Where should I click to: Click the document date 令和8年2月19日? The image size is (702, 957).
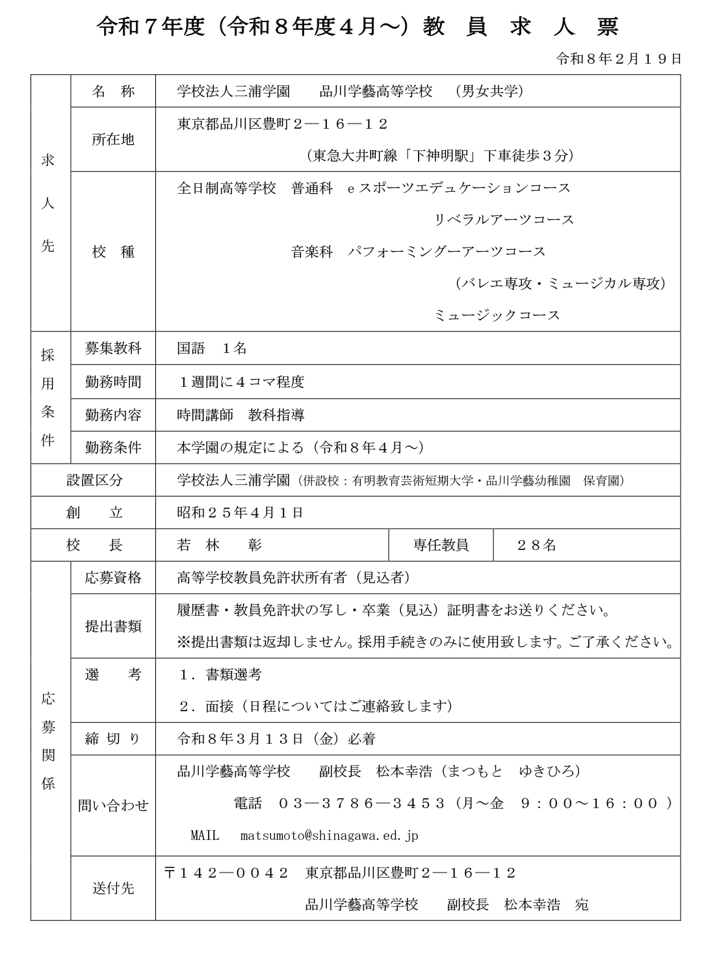tap(619, 59)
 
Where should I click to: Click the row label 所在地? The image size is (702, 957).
tap(113, 139)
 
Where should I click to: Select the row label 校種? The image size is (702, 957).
tap(113, 252)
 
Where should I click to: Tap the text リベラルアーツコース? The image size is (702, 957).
tap(504, 220)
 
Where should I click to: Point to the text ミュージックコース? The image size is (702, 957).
tap(497, 315)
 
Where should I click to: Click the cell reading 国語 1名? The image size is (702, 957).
tap(212, 348)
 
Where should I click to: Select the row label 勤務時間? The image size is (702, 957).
tap(113, 382)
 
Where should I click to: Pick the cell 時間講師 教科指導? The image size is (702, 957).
tap(240, 415)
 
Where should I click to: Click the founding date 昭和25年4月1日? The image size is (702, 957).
tap(240, 513)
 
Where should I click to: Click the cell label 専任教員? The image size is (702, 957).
tap(441, 545)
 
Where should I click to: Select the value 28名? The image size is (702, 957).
tap(537, 545)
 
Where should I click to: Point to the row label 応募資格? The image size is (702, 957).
tap(113, 578)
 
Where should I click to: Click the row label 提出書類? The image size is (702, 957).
tap(113, 626)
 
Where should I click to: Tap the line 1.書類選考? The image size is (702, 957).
tap(220, 675)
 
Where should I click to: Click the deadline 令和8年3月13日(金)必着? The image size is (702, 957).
tap(276, 739)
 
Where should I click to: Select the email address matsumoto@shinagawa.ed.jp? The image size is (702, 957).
tap(330, 835)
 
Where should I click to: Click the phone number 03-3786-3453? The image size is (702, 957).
tap(361, 804)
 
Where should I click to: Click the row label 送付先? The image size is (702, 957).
tap(113, 888)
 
